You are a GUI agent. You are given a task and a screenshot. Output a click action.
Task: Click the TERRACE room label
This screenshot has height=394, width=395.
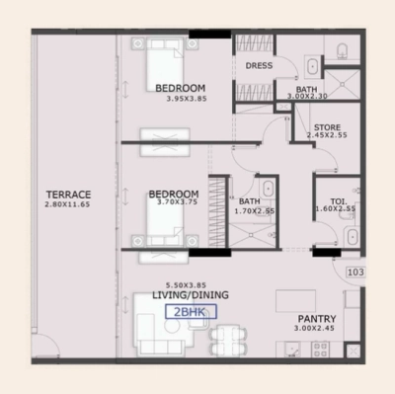point(68,195)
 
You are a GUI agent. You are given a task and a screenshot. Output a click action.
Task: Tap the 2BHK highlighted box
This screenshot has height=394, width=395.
point(190,311)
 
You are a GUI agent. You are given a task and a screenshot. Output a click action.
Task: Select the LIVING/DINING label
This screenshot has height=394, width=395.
point(190,295)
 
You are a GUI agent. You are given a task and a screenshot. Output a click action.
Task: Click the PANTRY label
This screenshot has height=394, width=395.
point(318,319)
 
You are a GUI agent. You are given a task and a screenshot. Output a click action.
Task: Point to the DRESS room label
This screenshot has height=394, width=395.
point(259,66)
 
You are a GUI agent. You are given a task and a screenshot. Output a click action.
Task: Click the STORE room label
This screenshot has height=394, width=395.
point(327,128)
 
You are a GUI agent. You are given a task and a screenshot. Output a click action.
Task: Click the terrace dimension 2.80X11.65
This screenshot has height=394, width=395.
point(68,204)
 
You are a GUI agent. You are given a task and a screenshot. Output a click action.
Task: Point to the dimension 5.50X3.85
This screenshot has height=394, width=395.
point(190,284)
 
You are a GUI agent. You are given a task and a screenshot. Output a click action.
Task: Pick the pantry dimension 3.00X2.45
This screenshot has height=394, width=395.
point(318,330)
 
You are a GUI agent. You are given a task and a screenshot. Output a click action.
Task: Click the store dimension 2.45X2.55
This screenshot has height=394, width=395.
point(327,138)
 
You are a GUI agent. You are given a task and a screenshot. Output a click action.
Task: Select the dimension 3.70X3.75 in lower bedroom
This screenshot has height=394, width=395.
point(178,203)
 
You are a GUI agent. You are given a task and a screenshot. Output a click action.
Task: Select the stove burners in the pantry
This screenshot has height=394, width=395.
point(319,348)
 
